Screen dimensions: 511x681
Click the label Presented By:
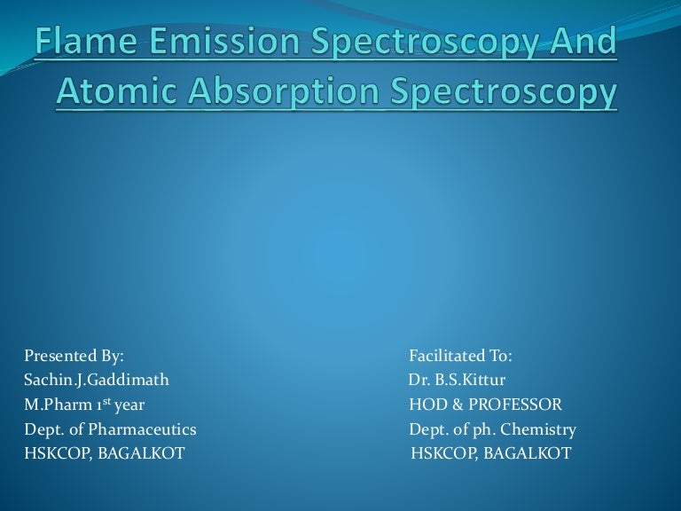point(74,356)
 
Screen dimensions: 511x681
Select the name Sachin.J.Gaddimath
point(97,381)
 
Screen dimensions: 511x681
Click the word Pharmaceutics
point(146,430)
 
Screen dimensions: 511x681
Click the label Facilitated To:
point(460,356)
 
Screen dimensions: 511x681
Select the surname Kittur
point(484,381)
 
